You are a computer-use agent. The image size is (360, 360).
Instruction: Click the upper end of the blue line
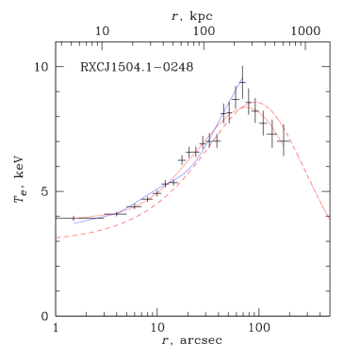pyautogui.click(x=242, y=78)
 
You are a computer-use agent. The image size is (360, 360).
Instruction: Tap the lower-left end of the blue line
pyautogui.click(x=74, y=222)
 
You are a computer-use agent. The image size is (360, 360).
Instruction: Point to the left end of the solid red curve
pyautogui.click(x=74, y=219)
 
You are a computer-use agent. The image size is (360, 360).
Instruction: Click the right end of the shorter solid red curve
pyautogui.click(x=284, y=145)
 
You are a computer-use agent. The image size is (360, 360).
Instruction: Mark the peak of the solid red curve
pyautogui.click(x=245, y=107)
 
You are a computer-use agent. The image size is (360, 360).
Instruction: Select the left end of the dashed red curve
pyautogui.click(x=57, y=237)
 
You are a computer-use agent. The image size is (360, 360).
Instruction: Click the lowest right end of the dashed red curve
pyautogui.click(x=329, y=219)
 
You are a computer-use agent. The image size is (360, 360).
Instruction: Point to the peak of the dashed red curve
pyautogui.click(x=254, y=102)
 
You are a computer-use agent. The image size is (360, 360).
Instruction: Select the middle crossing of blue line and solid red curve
pyautogui.click(x=170, y=181)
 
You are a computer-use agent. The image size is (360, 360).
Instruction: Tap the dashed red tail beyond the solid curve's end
pyautogui.click(x=316, y=193)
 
